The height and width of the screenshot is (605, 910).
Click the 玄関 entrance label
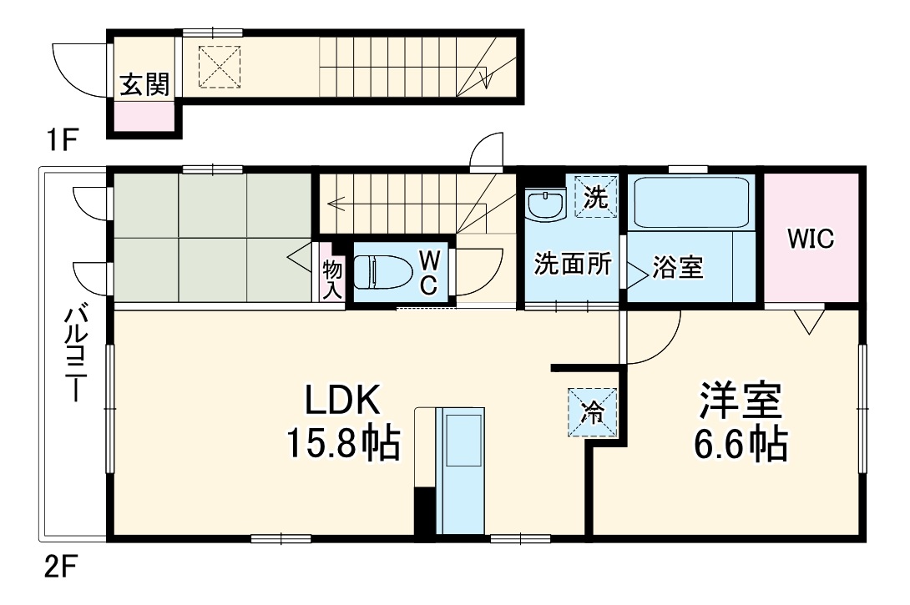pyautogui.click(x=145, y=85)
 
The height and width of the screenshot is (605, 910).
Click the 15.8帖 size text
pyautogui.click(x=343, y=444)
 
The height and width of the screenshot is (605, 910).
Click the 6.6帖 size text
pyautogui.click(x=740, y=445)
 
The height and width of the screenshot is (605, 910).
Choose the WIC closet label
pyautogui.click(x=811, y=239)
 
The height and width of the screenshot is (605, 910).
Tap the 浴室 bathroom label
pyautogui.click(x=677, y=269)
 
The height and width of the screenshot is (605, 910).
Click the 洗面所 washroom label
pyautogui.click(x=574, y=265)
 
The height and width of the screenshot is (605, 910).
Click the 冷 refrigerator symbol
pyautogui.click(x=593, y=412)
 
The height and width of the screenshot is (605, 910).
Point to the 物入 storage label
pyautogui.click(x=331, y=277)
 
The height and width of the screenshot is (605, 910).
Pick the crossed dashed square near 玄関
pyautogui.click(x=220, y=66)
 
